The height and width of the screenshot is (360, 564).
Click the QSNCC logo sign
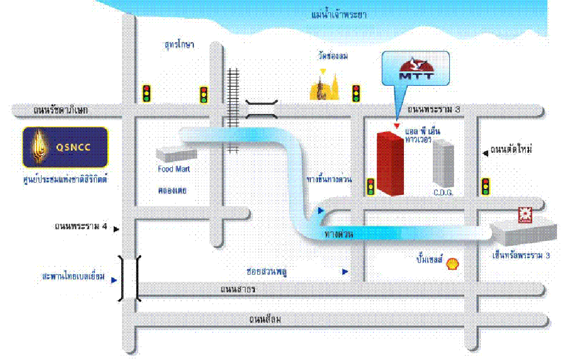(65, 147)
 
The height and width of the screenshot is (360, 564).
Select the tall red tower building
(391, 163)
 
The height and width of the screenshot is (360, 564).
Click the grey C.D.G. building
(443, 163)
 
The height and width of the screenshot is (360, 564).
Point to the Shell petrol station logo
(453, 262)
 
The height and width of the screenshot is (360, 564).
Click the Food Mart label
(174, 169)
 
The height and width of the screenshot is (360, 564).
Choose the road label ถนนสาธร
(238, 289)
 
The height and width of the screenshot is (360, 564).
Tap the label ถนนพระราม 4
(80, 227)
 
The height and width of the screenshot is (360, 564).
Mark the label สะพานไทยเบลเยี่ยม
(73, 276)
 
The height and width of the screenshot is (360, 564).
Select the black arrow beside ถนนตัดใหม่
(485, 151)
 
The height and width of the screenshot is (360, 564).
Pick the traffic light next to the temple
(356, 93)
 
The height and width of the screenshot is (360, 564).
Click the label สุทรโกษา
(179, 45)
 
